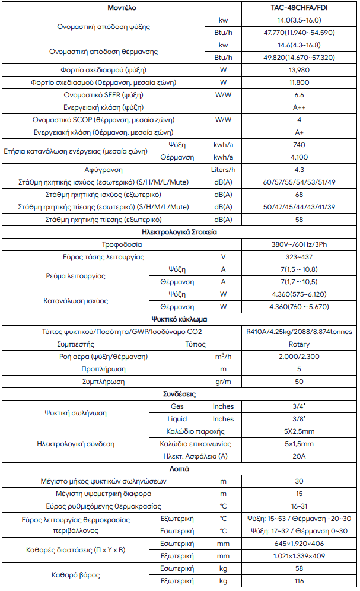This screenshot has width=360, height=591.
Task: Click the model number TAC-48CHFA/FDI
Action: coord(299,8)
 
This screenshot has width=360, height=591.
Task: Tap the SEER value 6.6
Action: coord(299,95)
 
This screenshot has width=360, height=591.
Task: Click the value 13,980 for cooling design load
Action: coord(299,70)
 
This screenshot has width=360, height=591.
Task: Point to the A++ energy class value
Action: coord(299,107)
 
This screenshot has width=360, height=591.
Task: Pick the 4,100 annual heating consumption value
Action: coord(299,157)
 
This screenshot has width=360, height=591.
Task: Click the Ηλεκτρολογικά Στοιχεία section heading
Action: coord(180,232)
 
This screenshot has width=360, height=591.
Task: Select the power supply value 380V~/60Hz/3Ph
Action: coord(299,244)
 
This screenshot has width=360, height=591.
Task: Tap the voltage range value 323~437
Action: coord(299,257)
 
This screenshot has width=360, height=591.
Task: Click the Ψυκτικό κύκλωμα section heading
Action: coord(180,319)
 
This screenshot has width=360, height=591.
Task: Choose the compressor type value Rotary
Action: coord(299,344)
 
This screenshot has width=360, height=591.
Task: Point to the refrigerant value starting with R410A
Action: coord(299,332)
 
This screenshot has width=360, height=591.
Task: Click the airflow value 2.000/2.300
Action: coord(299,357)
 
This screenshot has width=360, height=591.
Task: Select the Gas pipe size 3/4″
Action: coord(299,406)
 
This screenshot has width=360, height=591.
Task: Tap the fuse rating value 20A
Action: coord(299,456)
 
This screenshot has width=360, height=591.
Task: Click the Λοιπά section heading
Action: coord(180,469)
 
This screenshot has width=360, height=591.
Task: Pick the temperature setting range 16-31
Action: coord(299,506)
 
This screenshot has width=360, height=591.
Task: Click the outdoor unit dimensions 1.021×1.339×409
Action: coord(299,556)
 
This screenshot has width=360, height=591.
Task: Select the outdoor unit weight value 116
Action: coord(299,581)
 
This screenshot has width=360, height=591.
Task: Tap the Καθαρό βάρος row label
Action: coord(74,574)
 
